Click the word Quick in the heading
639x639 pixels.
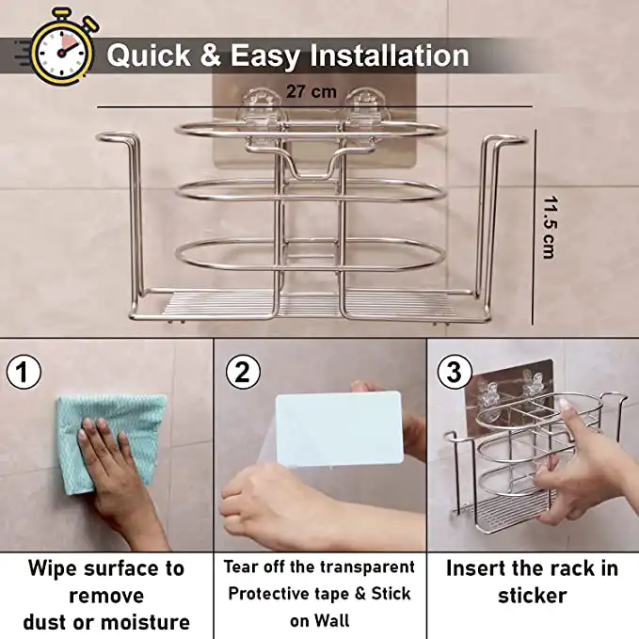pos(149,55)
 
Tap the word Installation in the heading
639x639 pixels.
pos(390,55)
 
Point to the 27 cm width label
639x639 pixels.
pos(312,91)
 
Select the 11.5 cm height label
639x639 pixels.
pos(550,228)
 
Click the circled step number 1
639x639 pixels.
pos(24,372)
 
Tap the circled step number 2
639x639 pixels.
pos(243,372)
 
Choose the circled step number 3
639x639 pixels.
pos(455,372)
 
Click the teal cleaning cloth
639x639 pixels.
pos(110,442)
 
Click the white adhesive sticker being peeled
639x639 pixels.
pos(339,429)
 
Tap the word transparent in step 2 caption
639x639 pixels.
pos(367,567)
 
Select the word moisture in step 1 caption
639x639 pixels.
pos(145,623)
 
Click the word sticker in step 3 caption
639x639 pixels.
pos(533,596)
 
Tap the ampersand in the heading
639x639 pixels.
pos(211,55)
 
